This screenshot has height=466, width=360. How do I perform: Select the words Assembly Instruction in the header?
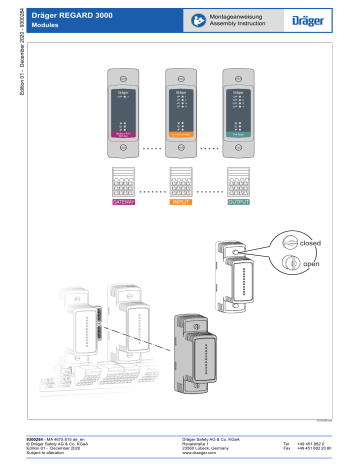[231, 25]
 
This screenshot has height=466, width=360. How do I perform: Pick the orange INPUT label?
[181, 201]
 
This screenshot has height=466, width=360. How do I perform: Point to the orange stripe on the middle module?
[181, 133]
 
